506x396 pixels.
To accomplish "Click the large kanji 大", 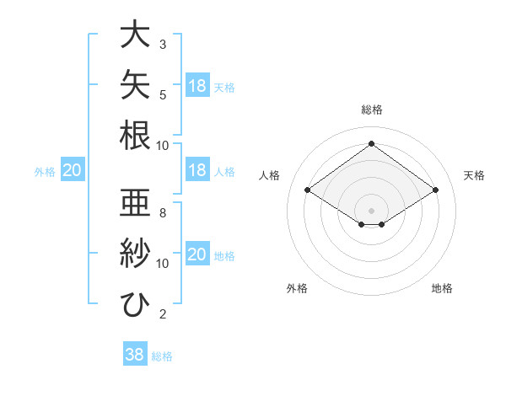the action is coord(135,34).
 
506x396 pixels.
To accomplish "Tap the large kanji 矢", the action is coord(135,84).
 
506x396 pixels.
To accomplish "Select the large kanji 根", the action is coord(135,135).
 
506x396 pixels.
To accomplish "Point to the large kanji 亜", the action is coord(135,202).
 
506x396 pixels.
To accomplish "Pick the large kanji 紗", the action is coord(135,253).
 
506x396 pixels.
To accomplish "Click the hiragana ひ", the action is coord(135,304).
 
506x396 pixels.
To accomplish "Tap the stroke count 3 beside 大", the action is coord(163,45).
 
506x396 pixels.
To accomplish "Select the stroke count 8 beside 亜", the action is coord(163,213).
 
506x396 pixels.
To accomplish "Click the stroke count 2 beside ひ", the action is coord(163,314).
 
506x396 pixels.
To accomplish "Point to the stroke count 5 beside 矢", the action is coord(163,95).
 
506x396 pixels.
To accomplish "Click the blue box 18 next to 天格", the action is coord(197,85).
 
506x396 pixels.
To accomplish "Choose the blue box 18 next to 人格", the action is coord(197,169).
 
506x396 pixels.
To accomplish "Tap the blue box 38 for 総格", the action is coord(135,353).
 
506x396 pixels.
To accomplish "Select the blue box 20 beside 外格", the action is coord(73,169).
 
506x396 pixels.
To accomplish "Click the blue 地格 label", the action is coord(224,256).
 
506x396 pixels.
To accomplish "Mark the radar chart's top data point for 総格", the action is coord(371,143).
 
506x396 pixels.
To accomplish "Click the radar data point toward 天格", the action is coord(435,190).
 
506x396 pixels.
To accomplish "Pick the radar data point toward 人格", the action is coord(308,190).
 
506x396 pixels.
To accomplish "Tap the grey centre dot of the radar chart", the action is coord(371,211).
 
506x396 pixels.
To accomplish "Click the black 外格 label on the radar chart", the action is coord(297,288).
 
